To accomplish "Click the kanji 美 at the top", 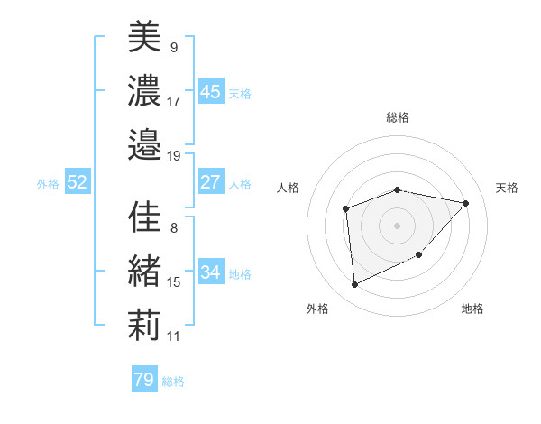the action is click(144, 37).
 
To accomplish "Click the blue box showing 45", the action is click(211, 91).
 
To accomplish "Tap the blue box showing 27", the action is click(211, 182).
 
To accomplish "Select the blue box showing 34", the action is click(211, 272).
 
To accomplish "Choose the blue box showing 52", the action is click(78, 182).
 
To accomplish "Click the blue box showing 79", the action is click(144, 380).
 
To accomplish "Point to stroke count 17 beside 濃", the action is click(174, 101).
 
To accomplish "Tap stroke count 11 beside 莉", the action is click(174, 336).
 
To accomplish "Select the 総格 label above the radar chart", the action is click(398, 117).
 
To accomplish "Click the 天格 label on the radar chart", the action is click(507, 188).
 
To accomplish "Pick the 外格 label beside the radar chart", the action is click(316, 309).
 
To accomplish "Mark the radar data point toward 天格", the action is click(466, 203).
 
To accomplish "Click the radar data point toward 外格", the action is click(355, 285).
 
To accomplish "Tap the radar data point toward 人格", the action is click(346, 209).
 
